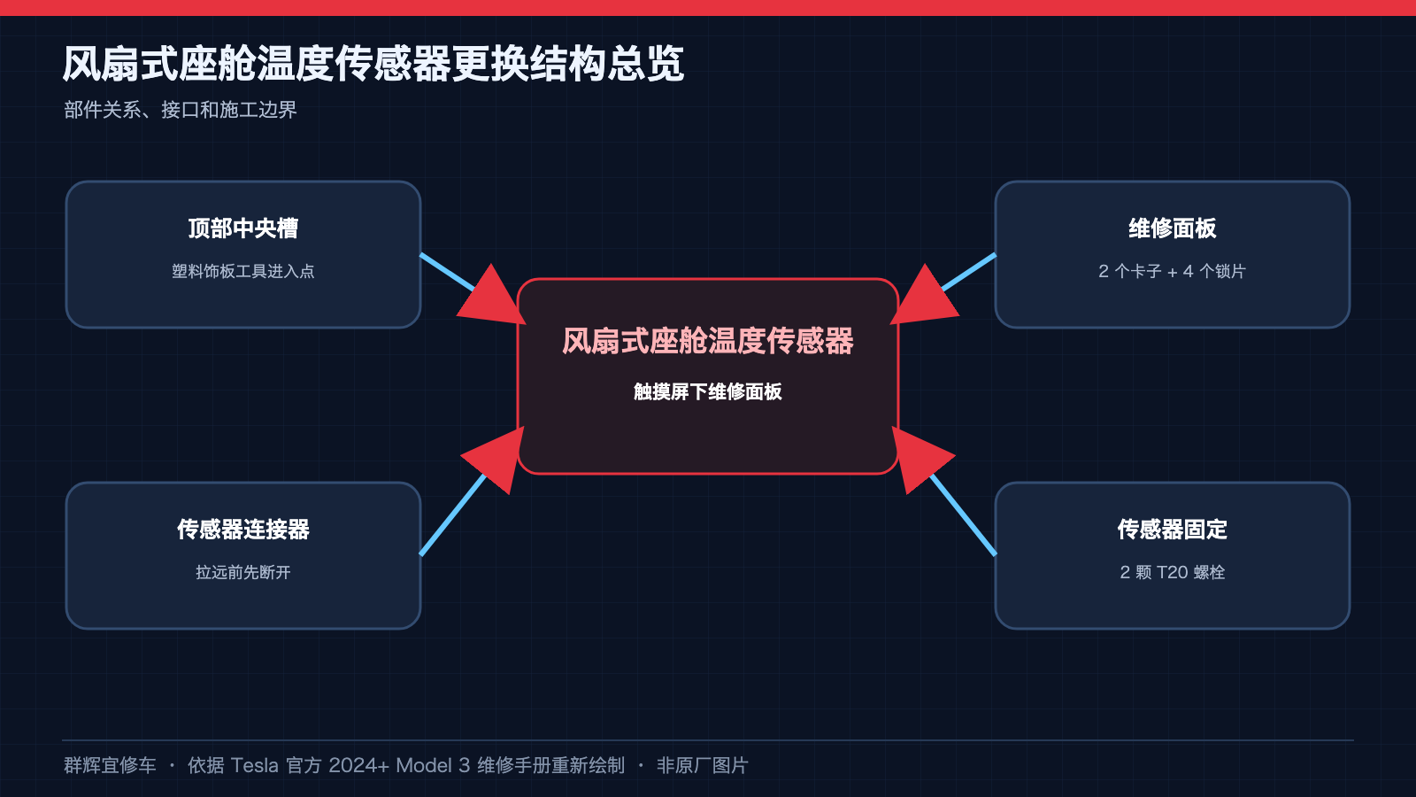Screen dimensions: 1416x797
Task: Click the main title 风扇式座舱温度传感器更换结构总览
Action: click(x=373, y=64)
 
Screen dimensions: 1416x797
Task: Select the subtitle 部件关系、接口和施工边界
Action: click(x=181, y=110)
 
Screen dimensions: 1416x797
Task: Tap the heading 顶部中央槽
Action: click(x=243, y=228)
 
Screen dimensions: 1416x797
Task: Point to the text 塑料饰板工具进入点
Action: click(x=243, y=271)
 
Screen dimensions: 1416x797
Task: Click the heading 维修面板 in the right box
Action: click(x=1173, y=228)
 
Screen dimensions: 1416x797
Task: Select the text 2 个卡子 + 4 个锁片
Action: click(x=1173, y=271)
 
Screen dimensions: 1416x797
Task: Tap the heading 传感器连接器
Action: click(x=243, y=530)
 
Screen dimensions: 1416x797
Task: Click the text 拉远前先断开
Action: click(x=243, y=572)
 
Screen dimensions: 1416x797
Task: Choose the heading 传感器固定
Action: click(x=1173, y=530)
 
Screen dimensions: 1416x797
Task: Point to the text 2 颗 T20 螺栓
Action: click(x=1173, y=572)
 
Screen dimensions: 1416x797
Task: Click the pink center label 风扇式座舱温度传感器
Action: click(x=708, y=341)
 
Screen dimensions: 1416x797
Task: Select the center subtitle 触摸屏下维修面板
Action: click(x=708, y=392)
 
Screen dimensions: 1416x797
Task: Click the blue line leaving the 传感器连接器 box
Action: click(x=453, y=515)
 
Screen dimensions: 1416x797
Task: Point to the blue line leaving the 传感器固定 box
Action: click(x=964, y=515)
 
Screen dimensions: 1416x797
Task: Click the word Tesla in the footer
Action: click(x=254, y=766)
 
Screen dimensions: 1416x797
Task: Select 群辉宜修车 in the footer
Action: click(x=110, y=766)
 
